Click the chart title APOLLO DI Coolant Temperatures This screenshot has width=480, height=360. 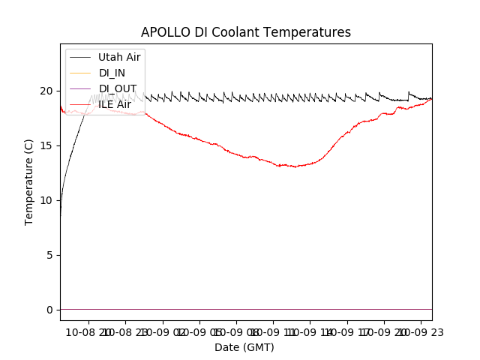click(x=246, y=32)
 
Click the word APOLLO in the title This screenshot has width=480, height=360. click(x=162, y=32)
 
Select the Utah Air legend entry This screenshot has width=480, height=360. click(x=119, y=57)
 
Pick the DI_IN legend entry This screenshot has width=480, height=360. click(x=112, y=73)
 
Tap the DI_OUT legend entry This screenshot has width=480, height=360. click(x=117, y=88)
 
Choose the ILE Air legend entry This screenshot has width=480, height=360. click(x=115, y=104)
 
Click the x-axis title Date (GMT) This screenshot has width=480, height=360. click(x=244, y=347)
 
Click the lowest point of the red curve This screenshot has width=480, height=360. click(x=295, y=166)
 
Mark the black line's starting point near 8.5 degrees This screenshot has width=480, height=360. click(x=61, y=216)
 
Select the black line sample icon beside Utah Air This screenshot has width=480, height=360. click(x=79, y=57)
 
